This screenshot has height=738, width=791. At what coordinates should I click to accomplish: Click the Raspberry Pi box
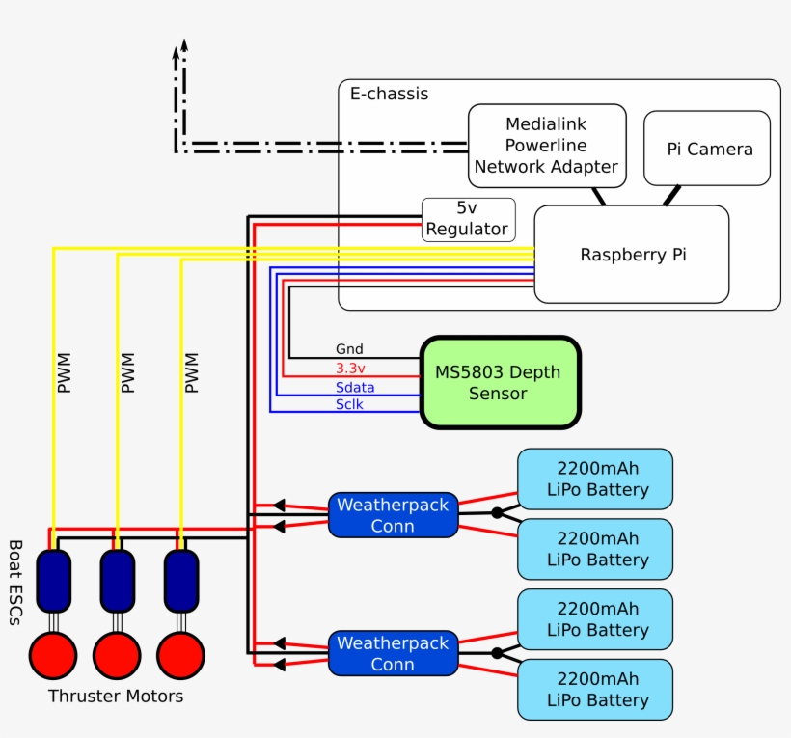[632, 255]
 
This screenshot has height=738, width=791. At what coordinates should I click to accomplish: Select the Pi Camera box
[707, 149]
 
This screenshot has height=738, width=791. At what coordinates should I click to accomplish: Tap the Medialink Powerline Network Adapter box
[546, 146]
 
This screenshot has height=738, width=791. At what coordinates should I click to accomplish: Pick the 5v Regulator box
[468, 220]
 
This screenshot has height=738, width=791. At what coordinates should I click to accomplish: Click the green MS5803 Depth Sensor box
[500, 383]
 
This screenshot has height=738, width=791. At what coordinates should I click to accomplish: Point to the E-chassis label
[389, 95]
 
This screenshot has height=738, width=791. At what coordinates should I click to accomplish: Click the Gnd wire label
[349, 349]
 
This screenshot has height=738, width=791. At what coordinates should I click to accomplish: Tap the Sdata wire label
[355, 387]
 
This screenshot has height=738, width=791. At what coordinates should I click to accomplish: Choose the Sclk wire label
[350, 404]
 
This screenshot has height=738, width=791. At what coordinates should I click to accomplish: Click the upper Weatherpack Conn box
[393, 515]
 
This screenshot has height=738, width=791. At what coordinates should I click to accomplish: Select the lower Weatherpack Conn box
[393, 653]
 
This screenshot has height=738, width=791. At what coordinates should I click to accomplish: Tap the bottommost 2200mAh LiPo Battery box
[595, 690]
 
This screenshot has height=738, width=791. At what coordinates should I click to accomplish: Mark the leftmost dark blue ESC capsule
[53, 581]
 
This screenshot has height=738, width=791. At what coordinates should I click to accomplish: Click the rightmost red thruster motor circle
[180, 656]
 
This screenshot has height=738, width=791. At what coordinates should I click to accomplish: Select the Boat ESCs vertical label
[14, 584]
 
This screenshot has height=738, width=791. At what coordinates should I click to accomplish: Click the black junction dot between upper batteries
[497, 513]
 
